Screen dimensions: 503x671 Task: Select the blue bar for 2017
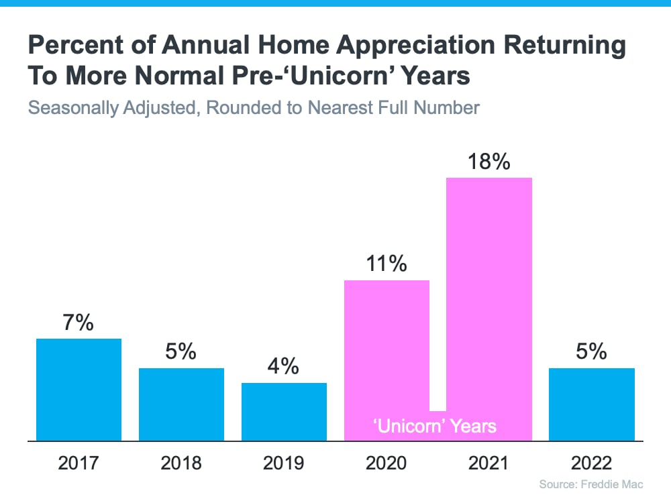point(79,390)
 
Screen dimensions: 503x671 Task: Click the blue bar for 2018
point(181,404)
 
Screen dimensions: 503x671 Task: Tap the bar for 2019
point(284,412)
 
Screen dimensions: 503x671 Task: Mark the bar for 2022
point(592,404)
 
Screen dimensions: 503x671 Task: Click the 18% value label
point(489,162)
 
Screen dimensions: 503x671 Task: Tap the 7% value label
point(79,323)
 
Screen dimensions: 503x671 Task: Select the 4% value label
point(284,367)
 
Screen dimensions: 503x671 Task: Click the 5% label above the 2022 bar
point(592,352)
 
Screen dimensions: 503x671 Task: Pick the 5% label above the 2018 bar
point(181,352)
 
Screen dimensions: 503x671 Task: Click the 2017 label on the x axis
point(79,463)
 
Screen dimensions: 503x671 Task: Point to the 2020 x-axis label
point(386,463)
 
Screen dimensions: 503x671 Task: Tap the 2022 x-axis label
point(592,463)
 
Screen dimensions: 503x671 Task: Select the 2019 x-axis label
point(284,463)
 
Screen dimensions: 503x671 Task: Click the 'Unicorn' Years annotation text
point(435,426)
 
